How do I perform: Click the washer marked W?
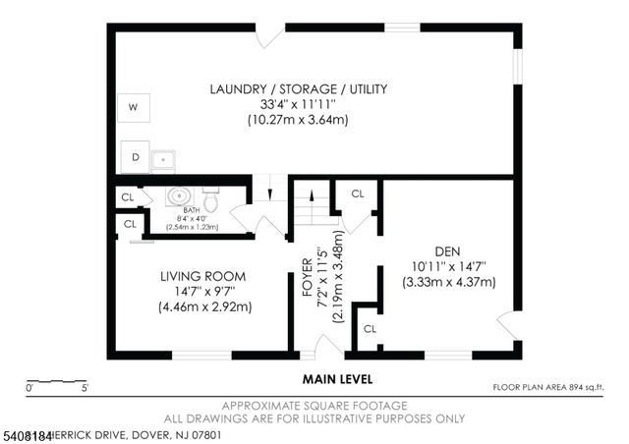click(x=133, y=108)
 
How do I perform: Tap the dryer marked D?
click(x=135, y=155)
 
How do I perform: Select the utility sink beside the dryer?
click(x=162, y=157)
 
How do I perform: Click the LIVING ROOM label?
click(x=203, y=276)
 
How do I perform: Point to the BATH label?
click(x=192, y=209)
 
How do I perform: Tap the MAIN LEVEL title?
click(x=337, y=378)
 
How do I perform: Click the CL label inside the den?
click(x=370, y=328)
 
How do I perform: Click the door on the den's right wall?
click(x=507, y=324)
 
